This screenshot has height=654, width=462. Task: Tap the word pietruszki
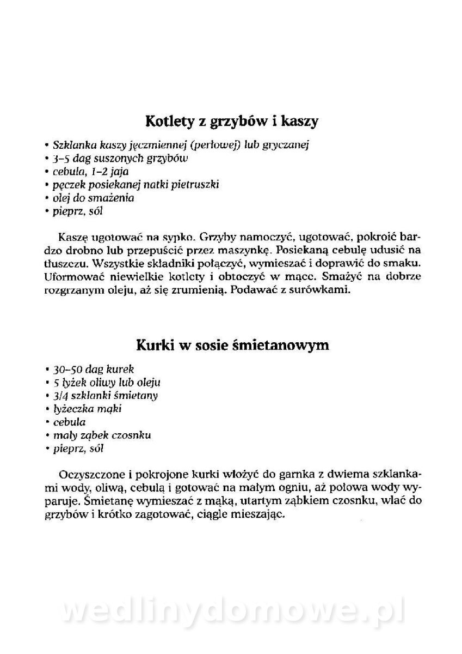(x=195, y=185)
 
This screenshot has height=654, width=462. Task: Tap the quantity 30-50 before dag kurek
(x=64, y=369)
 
